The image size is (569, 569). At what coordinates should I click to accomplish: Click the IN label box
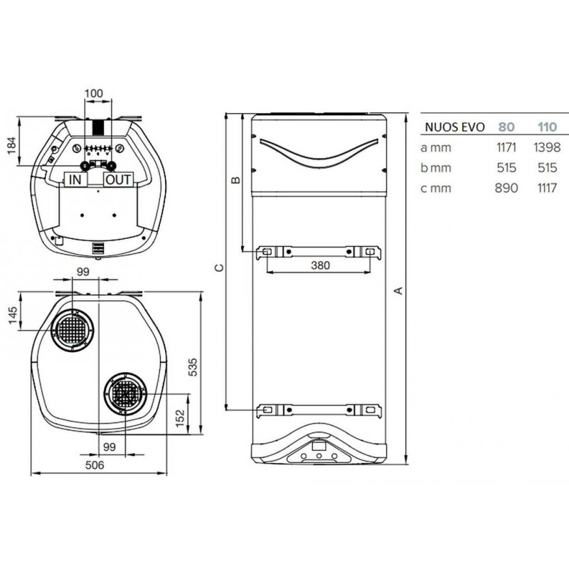coord(75,180)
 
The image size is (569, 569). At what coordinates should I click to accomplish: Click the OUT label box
coord(118,180)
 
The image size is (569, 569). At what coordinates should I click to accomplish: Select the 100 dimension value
coord(94,94)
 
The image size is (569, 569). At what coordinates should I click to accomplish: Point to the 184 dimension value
coord(11,145)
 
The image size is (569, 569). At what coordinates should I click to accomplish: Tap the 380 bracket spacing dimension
coord(321,265)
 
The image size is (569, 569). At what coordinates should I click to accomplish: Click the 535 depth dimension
coord(193,367)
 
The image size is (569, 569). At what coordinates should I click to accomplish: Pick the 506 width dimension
coord(95,465)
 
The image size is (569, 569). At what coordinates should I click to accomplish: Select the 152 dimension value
coord(180,418)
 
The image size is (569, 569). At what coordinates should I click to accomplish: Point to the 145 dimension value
coord(12,316)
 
